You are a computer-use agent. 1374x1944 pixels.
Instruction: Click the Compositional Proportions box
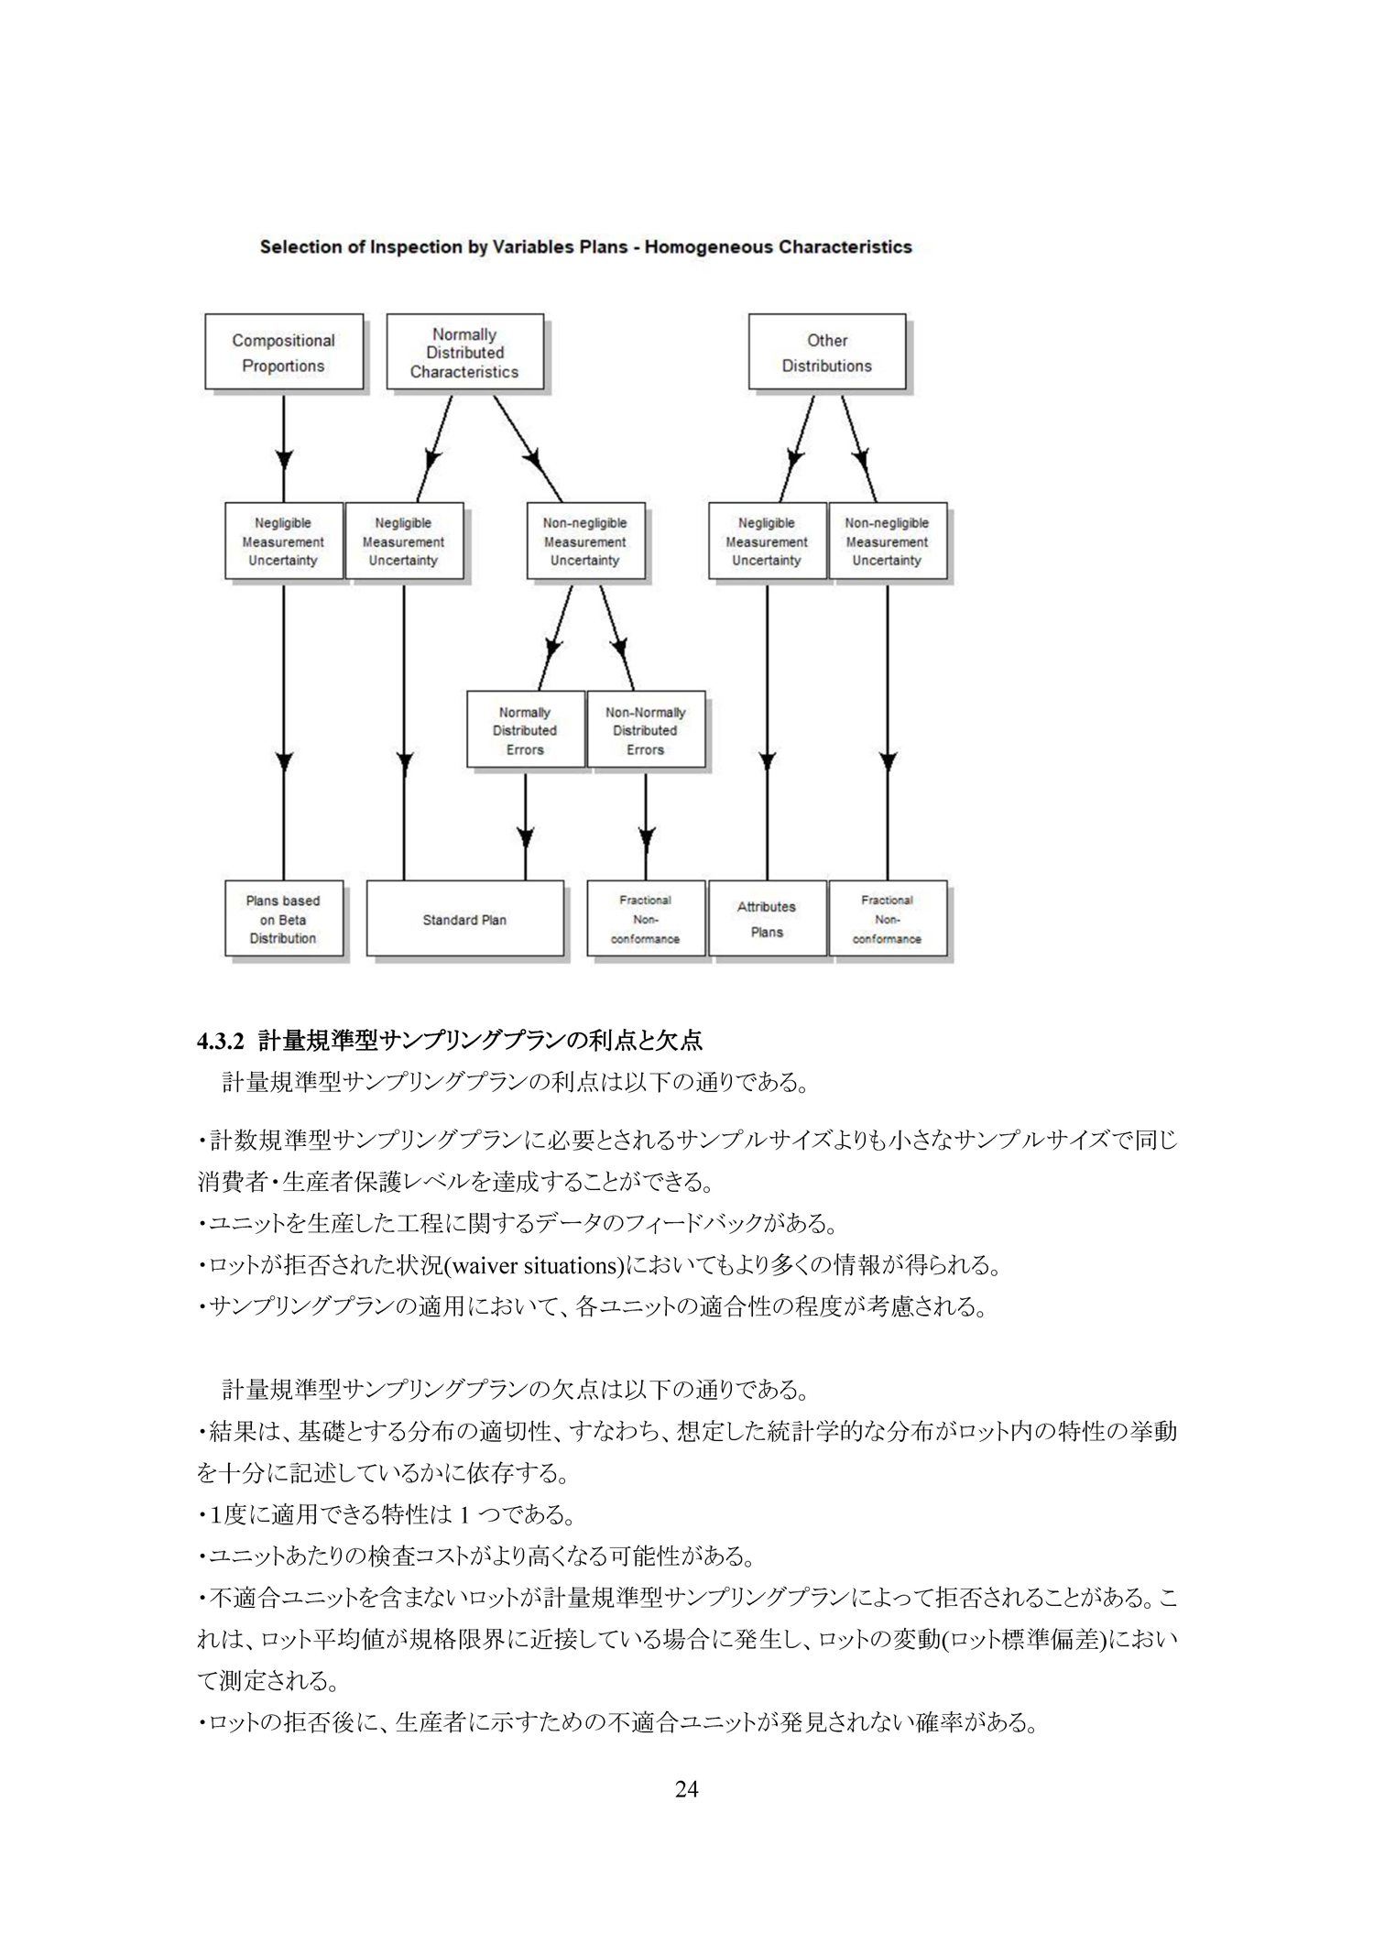(284, 353)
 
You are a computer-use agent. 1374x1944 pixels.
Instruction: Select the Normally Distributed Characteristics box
(465, 353)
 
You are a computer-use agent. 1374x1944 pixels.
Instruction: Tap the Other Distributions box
(828, 353)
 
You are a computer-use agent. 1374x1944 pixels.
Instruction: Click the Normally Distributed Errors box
(526, 730)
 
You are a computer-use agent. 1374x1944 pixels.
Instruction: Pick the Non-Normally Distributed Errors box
(646, 730)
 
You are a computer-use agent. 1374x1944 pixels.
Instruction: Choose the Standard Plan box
(465, 919)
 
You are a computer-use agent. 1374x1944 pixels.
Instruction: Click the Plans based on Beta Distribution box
(284, 919)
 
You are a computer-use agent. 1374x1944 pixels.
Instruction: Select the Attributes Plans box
(768, 919)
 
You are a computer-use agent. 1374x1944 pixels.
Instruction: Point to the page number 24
(687, 1814)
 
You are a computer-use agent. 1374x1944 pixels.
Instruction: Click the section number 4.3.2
(222, 1041)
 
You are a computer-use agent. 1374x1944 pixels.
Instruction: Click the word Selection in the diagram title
(295, 247)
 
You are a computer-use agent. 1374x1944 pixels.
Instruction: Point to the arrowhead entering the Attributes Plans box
(768, 760)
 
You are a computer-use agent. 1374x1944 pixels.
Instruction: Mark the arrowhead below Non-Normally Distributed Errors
(646, 836)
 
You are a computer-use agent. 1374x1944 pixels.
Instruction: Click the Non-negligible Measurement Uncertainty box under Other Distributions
(888, 541)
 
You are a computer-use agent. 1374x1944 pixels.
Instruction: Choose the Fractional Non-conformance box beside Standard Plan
(646, 919)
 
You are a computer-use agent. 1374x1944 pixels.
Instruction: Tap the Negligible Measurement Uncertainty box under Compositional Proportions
(284, 541)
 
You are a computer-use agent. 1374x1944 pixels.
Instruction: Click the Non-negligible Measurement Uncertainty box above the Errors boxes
(585, 541)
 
